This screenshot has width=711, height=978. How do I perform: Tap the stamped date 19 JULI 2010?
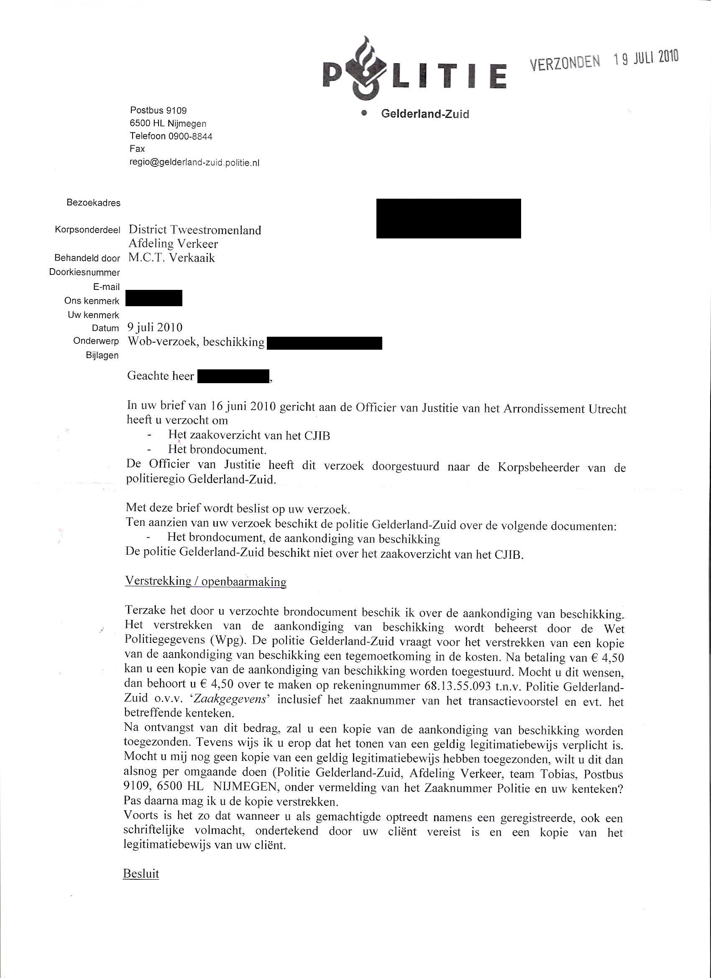pos(646,58)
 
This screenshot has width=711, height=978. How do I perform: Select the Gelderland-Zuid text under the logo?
pos(425,114)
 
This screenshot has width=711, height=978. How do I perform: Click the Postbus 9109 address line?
pos(158,111)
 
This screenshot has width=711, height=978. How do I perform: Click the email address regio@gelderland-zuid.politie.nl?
pos(194,163)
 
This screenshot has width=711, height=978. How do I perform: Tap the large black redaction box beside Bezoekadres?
pos(448,218)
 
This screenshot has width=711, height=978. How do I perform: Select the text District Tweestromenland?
pos(195,230)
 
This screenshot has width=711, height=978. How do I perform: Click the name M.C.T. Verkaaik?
pos(171,258)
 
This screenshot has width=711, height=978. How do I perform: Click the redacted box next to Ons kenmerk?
pos(154,298)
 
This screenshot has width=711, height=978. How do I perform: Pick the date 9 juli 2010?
pos(155,328)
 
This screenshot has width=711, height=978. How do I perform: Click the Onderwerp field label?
pos(96,341)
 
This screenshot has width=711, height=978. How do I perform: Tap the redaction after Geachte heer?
pos(233,376)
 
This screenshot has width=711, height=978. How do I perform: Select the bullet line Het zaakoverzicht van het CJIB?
pos(249,435)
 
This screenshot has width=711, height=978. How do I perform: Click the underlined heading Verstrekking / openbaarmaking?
pos(206,581)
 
